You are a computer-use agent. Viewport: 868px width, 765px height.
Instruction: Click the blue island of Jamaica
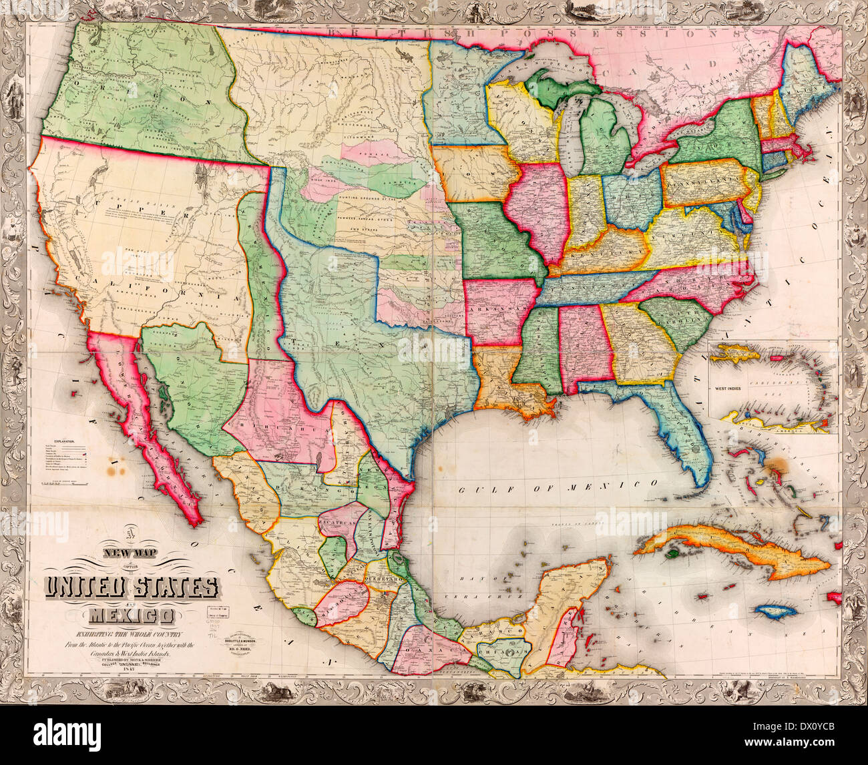[x=777, y=611]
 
